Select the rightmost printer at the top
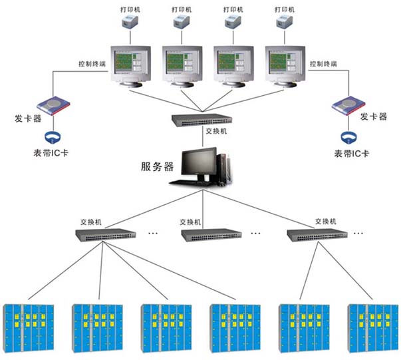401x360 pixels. coord(285,23)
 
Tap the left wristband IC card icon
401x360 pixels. coord(52,138)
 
